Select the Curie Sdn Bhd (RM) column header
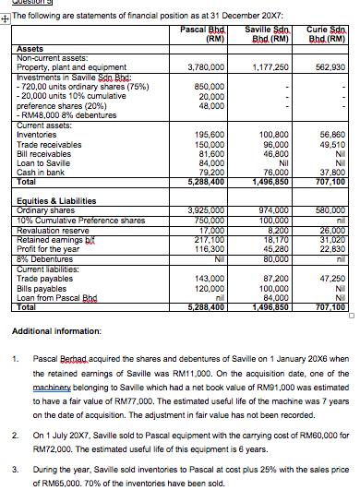click(x=323, y=34)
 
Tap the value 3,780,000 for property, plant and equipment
click(x=206, y=67)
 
